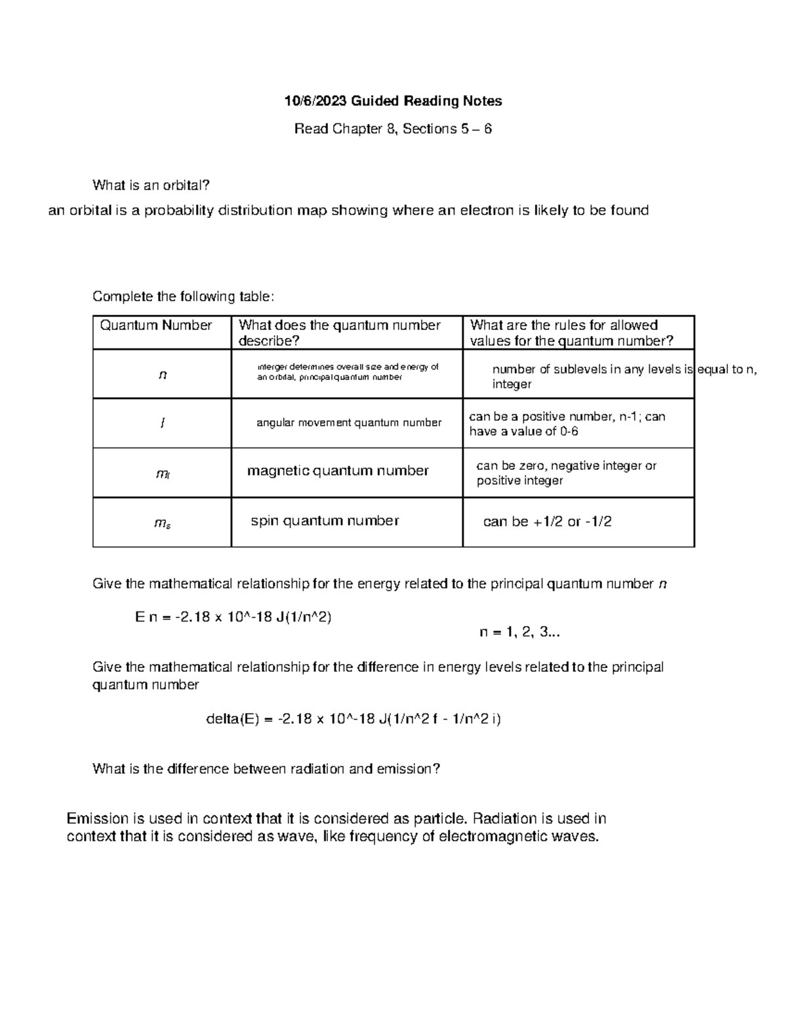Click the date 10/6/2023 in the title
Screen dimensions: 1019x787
[315, 101]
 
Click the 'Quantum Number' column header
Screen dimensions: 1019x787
[155, 325]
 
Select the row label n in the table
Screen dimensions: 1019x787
[163, 375]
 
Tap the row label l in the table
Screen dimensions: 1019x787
[162, 424]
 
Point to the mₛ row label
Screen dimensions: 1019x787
[163, 523]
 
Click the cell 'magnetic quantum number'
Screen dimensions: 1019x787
[338, 470]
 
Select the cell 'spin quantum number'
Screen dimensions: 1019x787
[325, 521]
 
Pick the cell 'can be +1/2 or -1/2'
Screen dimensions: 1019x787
[547, 522]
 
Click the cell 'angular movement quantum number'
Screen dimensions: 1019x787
[348, 423]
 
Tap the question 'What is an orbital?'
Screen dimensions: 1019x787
[151, 185]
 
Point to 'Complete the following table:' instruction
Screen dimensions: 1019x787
[183, 297]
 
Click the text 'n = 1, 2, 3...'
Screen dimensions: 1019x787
[519, 633]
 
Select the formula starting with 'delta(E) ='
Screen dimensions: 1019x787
[353, 719]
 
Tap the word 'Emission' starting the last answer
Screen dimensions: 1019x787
[98, 819]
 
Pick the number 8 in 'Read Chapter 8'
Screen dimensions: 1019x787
[392, 129]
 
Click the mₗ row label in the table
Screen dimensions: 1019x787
[163, 474]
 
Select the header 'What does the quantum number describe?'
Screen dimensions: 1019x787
[339, 333]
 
